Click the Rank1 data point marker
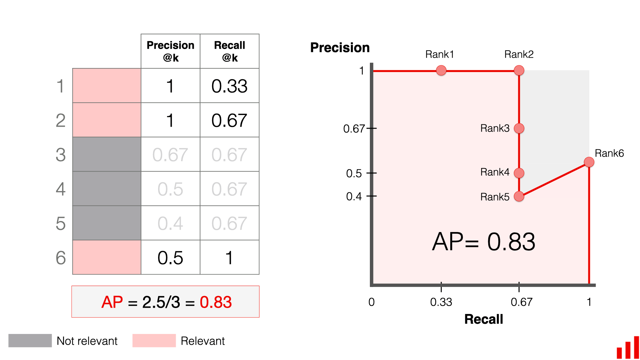coord(441,70)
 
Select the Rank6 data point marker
coord(589,162)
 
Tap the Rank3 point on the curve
coord(519,128)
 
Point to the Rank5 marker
coord(519,196)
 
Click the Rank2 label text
coord(519,54)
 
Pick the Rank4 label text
coord(495,172)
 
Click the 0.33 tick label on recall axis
coord(441,302)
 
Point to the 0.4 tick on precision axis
coord(354,196)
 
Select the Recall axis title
coord(484,319)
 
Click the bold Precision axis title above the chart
coord(340,48)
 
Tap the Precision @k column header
coord(170,51)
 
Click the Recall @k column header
coord(229,51)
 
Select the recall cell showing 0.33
coord(229,86)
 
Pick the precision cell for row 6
coord(170,258)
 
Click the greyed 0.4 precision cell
coord(170,223)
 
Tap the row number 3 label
coord(61,155)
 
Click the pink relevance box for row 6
coord(107,257)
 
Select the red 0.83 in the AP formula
coord(215,302)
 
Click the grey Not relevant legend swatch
coord(30,341)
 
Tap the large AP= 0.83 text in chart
coord(484,242)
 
